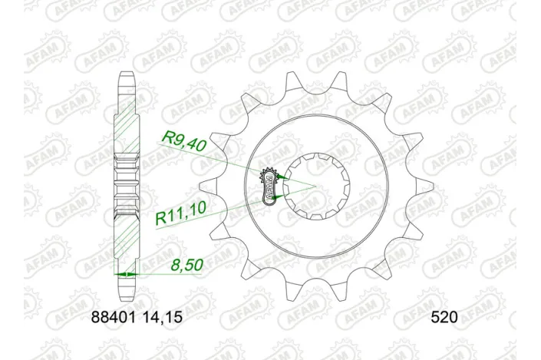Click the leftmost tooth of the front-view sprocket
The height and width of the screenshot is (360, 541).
tap(206, 185)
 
